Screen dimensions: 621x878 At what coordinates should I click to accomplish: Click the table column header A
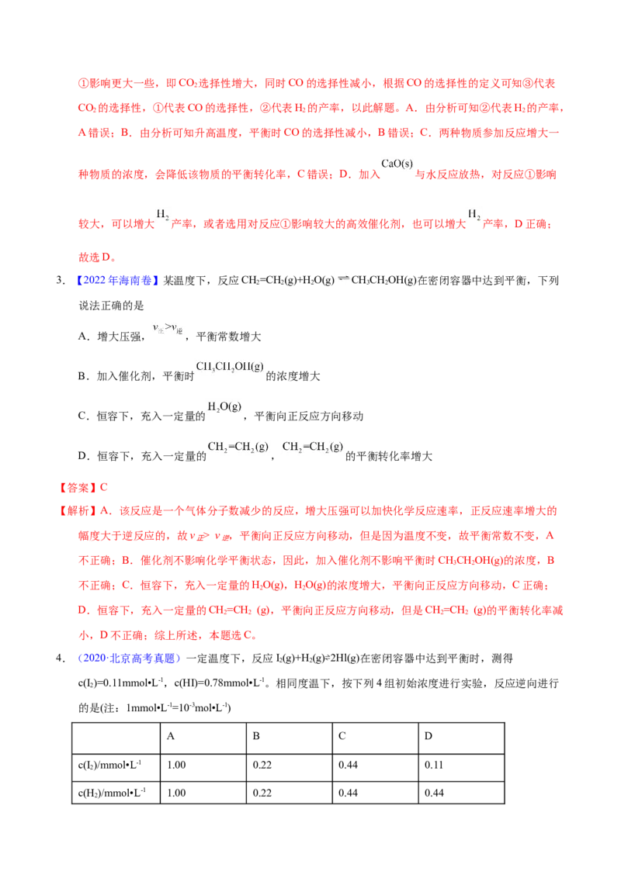pos(170,736)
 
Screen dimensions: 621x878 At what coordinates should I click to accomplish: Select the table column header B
pos(256,736)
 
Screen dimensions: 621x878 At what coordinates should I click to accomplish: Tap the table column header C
pos(342,736)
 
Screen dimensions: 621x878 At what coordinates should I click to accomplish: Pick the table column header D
pos(428,736)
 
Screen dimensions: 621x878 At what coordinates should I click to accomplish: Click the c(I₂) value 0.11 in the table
pos(434,765)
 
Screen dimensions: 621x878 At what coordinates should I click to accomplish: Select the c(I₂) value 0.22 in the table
pos(262,765)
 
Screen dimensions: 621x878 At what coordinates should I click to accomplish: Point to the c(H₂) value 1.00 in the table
pos(176,793)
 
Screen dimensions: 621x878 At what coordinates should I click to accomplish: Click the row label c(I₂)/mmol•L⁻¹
pos(110,765)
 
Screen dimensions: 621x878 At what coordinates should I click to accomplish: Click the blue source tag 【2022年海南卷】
pos(117,281)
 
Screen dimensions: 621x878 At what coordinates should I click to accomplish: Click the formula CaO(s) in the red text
pos(397,164)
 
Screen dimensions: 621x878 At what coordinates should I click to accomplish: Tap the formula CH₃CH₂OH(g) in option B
pos(230,367)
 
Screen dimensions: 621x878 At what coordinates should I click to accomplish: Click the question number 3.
pos(61,281)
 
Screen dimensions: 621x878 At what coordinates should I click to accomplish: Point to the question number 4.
pos(61,658)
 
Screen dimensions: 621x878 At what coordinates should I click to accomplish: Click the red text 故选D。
pos(98,258)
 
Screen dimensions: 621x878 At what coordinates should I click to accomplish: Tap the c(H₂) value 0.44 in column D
pos(434,793)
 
